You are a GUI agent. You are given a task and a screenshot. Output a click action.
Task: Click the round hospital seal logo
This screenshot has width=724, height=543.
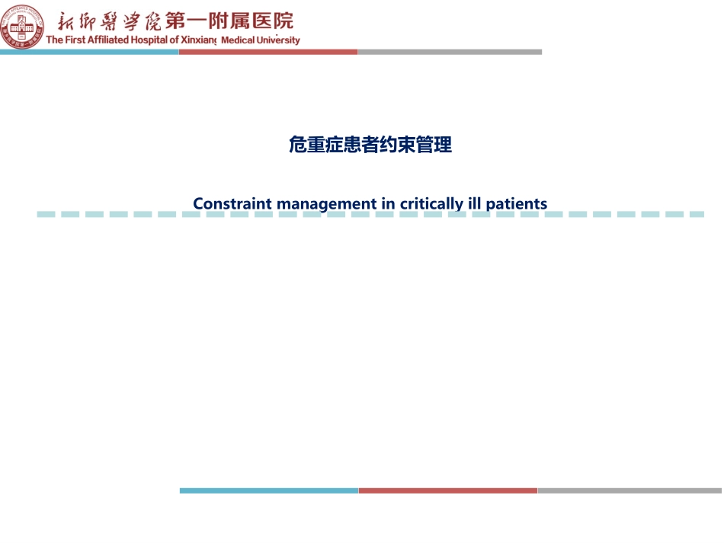point(22,27)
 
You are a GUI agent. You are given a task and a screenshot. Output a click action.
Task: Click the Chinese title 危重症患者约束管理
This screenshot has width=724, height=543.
point(370,145)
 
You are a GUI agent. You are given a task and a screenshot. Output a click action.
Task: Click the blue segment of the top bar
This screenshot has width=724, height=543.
point(89,52)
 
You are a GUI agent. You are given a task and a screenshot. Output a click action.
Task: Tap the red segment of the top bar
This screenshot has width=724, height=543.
point(268,52)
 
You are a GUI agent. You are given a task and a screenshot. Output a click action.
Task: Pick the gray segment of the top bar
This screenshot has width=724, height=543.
point(450,52)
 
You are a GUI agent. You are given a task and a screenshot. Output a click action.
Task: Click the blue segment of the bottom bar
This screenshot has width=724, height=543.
point(269,490)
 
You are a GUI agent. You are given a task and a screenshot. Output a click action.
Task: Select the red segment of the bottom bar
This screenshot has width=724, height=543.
point(448,490)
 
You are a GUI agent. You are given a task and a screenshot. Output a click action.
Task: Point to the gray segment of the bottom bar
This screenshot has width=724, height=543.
point(629,490)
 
